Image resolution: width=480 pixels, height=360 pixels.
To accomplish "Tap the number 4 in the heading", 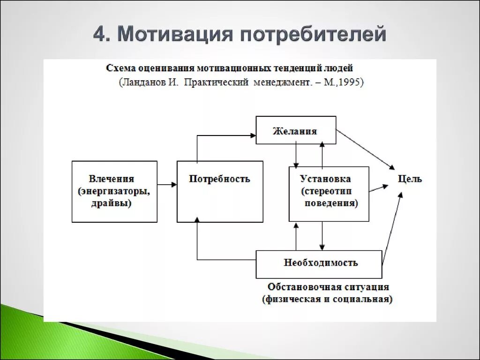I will pos(100,34).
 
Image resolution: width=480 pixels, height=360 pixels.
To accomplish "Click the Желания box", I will pos(295,130).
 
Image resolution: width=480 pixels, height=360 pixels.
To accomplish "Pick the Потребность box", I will pos(219,191).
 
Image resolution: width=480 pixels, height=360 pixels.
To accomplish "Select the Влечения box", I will pos(114,191).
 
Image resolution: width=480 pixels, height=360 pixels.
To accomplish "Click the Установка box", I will pos(329,194).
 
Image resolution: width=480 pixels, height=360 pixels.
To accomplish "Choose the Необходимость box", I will pos(319,264).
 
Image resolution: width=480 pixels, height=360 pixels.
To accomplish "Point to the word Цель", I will pos(410,179).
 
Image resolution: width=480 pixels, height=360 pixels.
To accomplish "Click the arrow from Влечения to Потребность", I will pos(167,185).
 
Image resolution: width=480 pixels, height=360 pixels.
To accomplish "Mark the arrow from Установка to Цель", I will pos(379,188).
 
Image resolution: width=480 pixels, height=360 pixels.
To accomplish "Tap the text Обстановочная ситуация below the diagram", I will pos(328,286).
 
